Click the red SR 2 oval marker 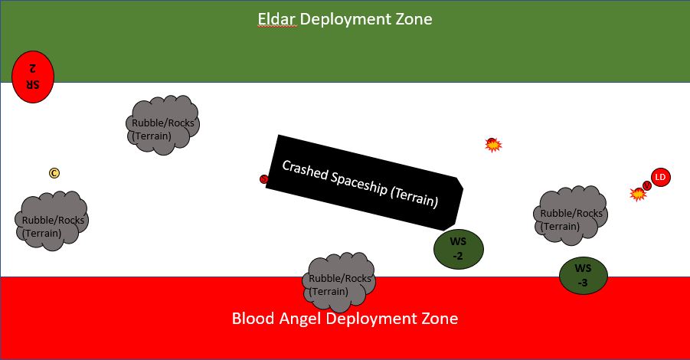33,77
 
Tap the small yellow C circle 54,173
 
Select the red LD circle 660,177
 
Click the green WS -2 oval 458,248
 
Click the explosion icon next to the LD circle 637,195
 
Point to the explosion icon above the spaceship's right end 493,144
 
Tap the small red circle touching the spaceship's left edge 264,179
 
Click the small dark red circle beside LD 647,185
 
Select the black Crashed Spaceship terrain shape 364,182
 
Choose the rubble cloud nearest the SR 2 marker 163,126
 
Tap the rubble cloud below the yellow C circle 52,222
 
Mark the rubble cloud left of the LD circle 571,216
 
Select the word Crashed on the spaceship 303,171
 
